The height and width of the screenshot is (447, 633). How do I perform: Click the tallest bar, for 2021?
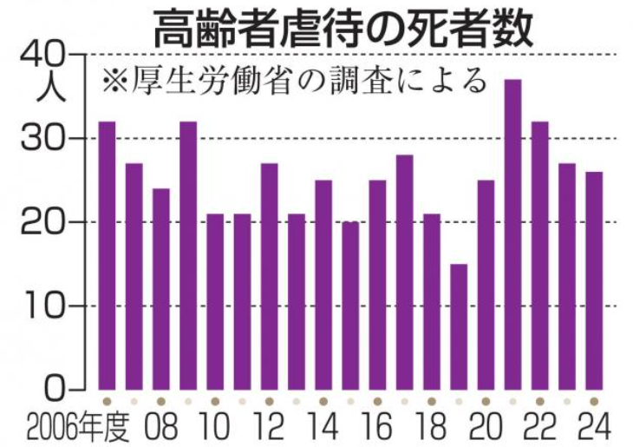(x=512, y=234)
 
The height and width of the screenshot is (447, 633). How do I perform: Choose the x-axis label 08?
(x=161, y=427)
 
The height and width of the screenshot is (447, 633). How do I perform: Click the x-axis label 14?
(x=323, y=427)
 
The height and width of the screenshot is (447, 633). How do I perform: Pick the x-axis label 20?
(x=486, y=427)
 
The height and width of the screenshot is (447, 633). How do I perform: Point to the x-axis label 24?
(x=594, y=427)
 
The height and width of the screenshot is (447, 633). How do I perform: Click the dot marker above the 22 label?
(x=539, y=402)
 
